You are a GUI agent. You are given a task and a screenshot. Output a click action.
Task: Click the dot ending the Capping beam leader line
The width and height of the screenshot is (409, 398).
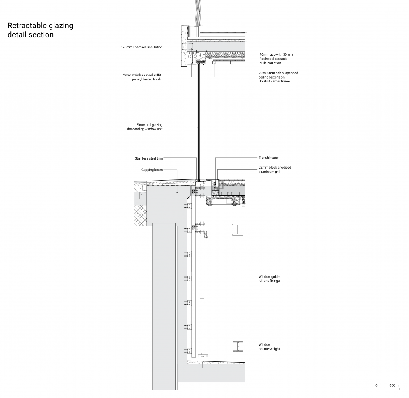coord(177,193)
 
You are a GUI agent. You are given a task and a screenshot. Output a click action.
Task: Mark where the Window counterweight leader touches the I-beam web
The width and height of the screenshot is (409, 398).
coord(238,347)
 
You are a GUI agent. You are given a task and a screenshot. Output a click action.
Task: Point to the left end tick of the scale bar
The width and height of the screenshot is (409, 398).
coord(376,389)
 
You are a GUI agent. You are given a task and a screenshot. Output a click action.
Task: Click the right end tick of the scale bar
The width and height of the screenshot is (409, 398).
coord(400,389)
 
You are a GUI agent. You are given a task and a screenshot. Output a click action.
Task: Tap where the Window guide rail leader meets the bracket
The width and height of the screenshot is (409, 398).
coord(190,279)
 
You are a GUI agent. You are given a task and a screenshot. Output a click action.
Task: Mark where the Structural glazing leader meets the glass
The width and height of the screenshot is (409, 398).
coord(198,127)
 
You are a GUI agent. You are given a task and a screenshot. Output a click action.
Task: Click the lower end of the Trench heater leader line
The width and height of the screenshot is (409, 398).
coord(215,179)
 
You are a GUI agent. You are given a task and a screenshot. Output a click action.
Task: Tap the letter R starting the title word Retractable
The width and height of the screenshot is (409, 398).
coord(10,26)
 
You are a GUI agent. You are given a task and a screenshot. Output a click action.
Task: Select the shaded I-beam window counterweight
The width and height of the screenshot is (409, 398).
coord(238,346)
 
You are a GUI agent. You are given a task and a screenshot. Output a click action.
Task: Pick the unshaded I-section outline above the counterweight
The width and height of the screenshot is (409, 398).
coord(238,229)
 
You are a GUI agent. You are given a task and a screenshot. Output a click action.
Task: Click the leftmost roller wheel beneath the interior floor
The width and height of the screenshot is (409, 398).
coord(209,202)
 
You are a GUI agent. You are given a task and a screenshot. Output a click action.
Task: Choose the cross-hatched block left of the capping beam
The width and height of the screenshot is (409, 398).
coord(141,215)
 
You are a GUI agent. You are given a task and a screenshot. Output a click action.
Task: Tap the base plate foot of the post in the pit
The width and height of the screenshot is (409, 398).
coord(203,355)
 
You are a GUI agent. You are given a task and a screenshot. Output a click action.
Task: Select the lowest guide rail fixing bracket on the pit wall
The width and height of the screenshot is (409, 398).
coord(188,351)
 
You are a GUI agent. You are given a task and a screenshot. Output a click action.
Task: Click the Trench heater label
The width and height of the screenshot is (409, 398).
coord(269,158)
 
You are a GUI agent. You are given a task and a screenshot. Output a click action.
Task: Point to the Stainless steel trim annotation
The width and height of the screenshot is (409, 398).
coord(149,158)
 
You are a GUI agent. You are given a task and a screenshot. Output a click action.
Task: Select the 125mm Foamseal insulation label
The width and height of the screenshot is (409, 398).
coord(141,47)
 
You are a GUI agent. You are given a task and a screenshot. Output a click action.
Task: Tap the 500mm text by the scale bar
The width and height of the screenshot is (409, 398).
coord(395,385)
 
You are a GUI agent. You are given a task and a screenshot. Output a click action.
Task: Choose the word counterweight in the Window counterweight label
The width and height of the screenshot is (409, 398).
coord(269,349)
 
